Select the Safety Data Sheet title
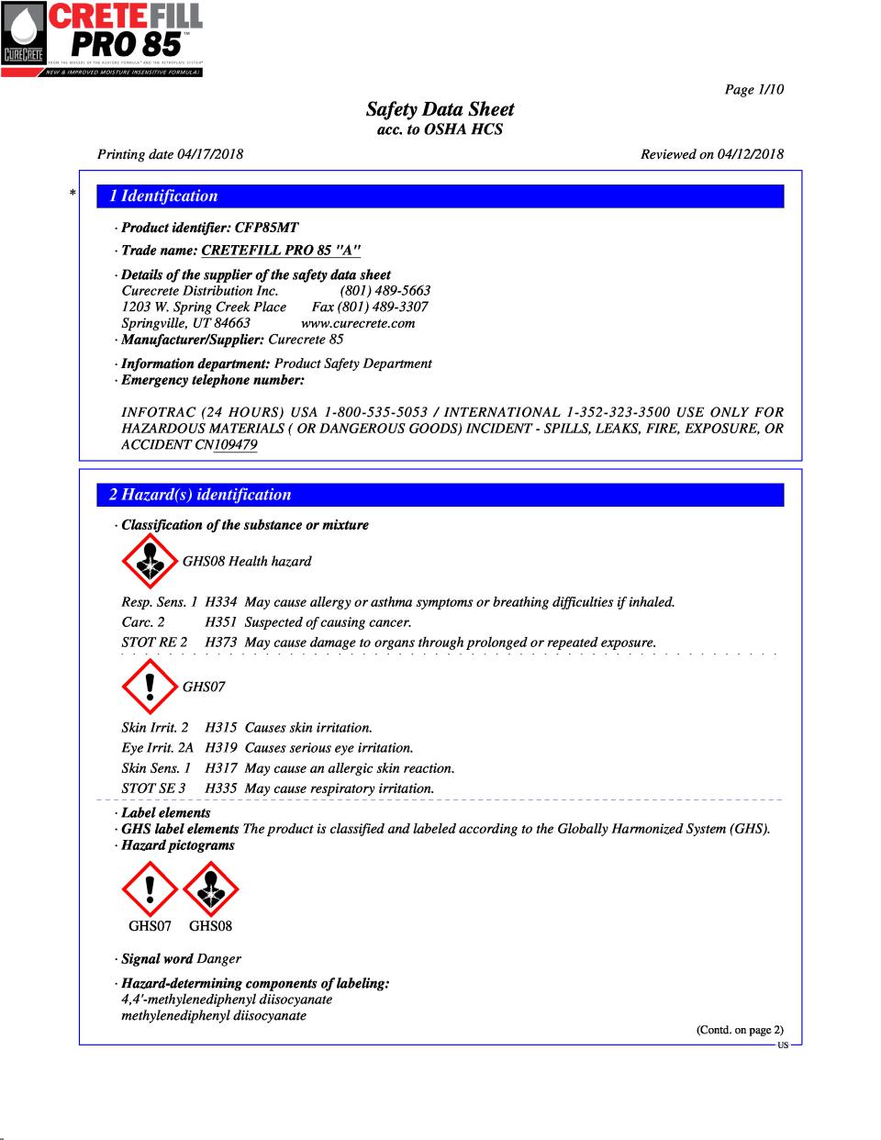point(440,109)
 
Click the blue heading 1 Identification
point(163,196)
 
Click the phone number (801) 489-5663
point(385,291)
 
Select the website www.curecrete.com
point(358,323)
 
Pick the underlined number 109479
point(235,445)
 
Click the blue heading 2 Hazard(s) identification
point(200,495)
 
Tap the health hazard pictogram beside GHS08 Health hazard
point(150,561)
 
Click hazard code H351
point(221,622)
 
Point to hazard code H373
point(221,643)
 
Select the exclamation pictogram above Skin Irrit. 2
point(150,686)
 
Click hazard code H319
point(221,748)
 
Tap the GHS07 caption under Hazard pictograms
point(150,926)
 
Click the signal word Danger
point(219,959)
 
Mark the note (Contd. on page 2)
point(740,1030)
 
